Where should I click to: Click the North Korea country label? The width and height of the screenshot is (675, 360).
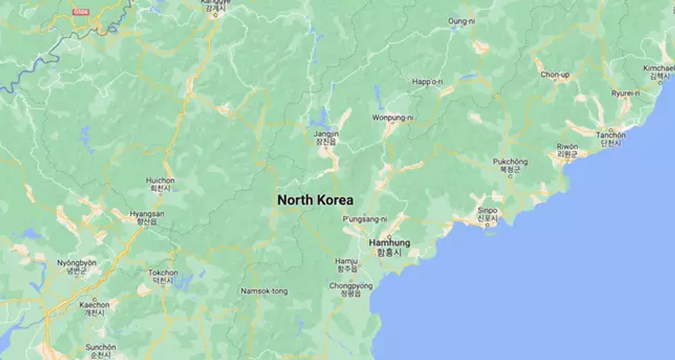tap(315, 200)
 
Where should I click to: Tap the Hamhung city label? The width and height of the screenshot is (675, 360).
tap(389, 243)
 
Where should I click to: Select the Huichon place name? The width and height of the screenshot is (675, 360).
tap(160, 181)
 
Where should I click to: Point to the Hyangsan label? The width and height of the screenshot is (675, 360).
tap(147, 214)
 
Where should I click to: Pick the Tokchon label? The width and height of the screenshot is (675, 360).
tap(163, 273)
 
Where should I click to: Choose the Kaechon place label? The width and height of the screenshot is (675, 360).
tap(94, 305)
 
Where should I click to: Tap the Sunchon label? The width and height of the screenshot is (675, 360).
tap(101, 347)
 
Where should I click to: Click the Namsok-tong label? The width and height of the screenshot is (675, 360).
tap(264, 291)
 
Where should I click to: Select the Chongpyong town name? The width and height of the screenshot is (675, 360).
tap(351, 286)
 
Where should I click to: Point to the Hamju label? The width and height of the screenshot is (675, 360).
tap(346, 262)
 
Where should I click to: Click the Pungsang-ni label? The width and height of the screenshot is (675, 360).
tap(364, 219)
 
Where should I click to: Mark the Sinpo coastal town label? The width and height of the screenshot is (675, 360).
tap(487, 211)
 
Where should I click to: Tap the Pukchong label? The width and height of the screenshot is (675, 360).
tap(510, 162)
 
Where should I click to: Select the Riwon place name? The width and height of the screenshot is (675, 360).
tap(567, 147)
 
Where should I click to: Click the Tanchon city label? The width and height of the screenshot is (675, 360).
tap(611, 135)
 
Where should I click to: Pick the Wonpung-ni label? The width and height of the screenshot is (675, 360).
tap(393, 118)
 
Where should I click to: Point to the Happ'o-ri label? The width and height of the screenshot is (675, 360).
tap(427, 83)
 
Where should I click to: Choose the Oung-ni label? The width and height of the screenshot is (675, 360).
tap(461, 22)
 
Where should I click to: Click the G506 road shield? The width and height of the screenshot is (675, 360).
tap(81, 12)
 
